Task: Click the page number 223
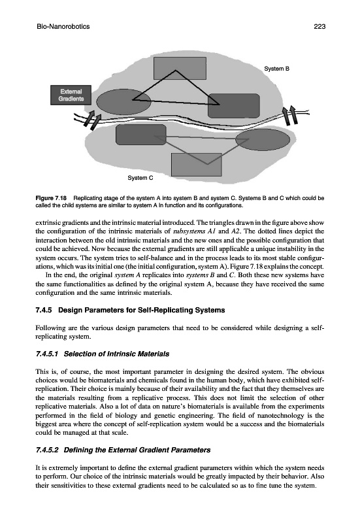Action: [319, 27]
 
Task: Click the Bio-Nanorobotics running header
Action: [63, 27]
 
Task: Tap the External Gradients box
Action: [71, 95]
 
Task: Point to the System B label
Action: [276, 69]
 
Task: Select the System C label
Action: [140, 178]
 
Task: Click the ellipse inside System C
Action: [265, 140]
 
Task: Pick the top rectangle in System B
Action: [180, 68]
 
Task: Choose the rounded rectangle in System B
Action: [234, 106]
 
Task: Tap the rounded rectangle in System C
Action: [141, 135]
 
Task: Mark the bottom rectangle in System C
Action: [196, 165]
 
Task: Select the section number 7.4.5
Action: [44, 310]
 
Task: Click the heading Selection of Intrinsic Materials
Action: [116, 354]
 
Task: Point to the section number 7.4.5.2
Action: [47, 450]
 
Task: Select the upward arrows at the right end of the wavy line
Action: [289, 115]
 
